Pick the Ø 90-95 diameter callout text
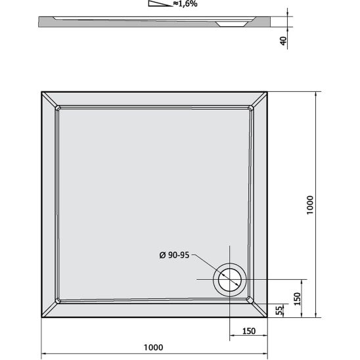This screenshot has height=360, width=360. tap(173, 256)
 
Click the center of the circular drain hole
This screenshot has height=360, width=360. tap(230, 279)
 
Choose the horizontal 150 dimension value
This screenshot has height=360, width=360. tap(249, 330)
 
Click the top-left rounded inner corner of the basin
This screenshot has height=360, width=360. tap(59, 108)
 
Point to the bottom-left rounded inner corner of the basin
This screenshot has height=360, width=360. tap(59, 300)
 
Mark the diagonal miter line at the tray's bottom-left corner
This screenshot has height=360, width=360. tap(50, 309)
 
